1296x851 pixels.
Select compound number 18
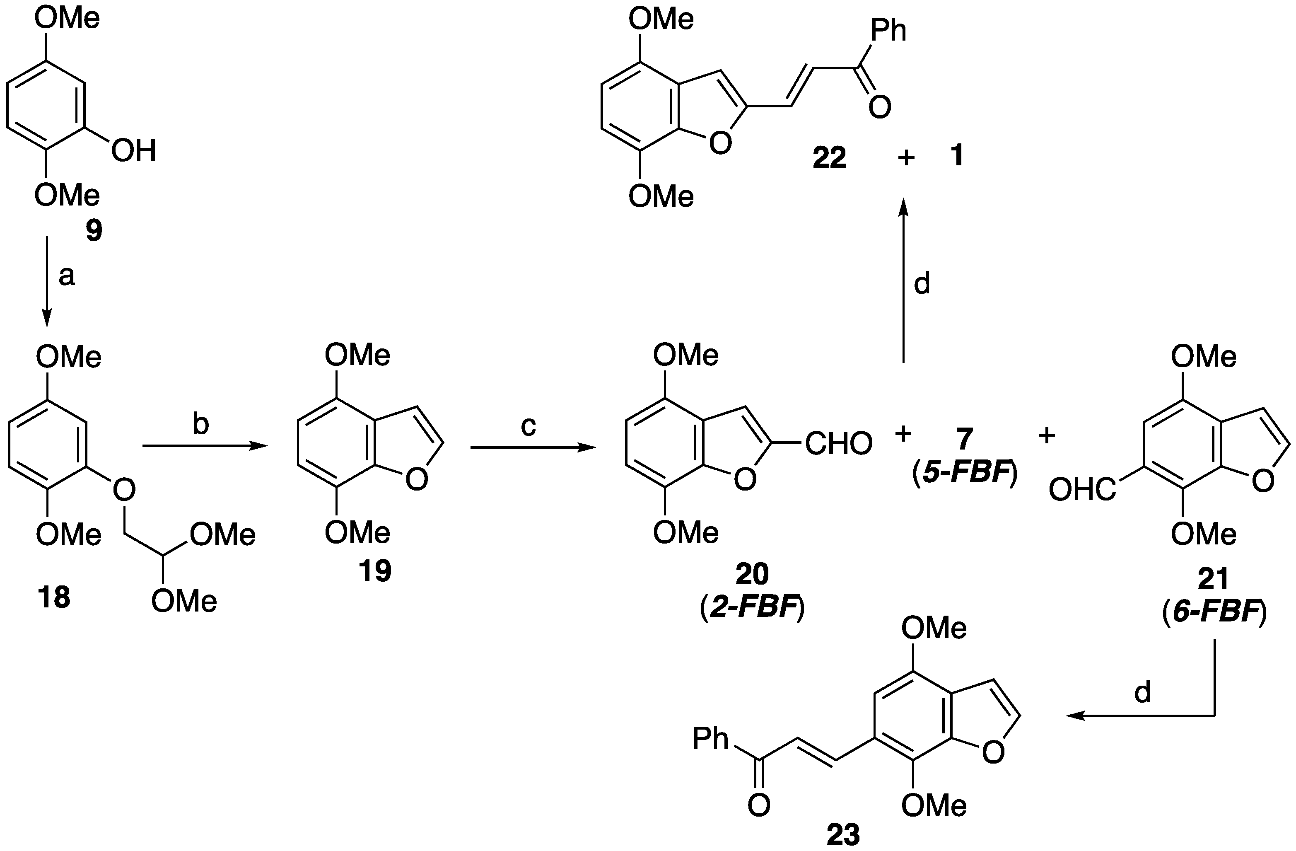(x=54, y=598)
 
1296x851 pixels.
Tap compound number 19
(x=375, y=571)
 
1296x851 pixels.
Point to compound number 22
(x=829, y=158)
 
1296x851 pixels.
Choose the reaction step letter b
(x=201, y=424)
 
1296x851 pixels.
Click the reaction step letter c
(x=528, y=426)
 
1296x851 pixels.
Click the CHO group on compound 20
(x=839, y=444)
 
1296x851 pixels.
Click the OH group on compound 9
(x=134, y=150)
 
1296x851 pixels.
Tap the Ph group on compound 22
(x=889, y=31)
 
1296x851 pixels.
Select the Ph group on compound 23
(x=711, y=739)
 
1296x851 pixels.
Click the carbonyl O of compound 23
(x=758, y=804)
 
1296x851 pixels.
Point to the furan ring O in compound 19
(x=417, y=480)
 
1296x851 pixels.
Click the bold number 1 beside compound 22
(x=956, y=155)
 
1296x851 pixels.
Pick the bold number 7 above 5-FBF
(x=964, y=439)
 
